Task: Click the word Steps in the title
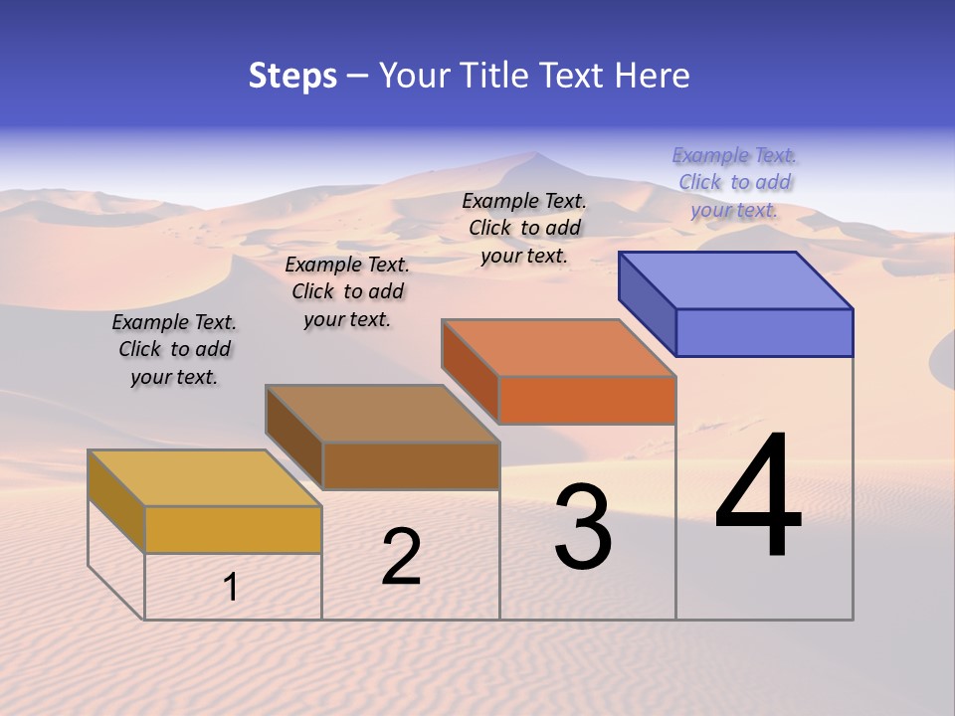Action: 292,76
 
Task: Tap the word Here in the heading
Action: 653,76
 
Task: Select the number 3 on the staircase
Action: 582,527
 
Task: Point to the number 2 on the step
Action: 401,557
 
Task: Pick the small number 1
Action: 231,587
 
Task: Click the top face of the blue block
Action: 735,279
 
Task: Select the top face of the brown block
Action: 382,413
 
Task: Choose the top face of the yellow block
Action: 205,478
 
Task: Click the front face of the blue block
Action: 764,332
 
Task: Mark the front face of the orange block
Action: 587,400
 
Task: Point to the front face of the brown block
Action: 411,465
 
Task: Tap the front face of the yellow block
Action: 233,529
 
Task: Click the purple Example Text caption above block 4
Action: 734,182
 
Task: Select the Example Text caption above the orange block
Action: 524,228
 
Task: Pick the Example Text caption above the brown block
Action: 347,291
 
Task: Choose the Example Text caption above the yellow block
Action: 174,349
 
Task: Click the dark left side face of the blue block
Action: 647,301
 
